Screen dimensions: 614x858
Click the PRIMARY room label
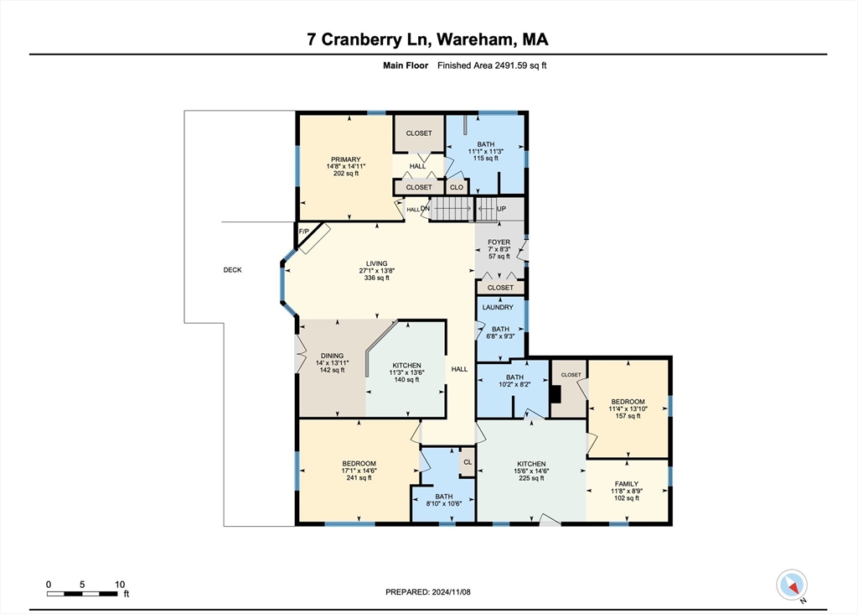coord(345,159)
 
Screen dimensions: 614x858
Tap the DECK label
coord(232,270)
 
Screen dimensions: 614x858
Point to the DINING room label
coord(333,354)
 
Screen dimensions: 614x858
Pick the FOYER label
coord(499,242)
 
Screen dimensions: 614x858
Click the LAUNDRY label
coord(497,307)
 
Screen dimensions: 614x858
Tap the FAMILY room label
coord(627,484)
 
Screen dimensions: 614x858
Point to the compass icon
coord(792,585)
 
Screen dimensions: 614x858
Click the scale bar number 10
coord(120,584)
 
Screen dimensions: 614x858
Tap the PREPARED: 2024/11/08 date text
coord(429,592)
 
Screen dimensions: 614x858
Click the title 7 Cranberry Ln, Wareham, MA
coord(428,39)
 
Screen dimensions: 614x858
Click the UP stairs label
coord(502,208)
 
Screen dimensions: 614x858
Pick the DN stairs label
coord(425,209)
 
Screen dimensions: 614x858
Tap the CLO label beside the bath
coord(457,187)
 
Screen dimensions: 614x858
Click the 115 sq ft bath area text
coord(486,158)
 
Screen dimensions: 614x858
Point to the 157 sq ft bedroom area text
coord(628,416)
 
